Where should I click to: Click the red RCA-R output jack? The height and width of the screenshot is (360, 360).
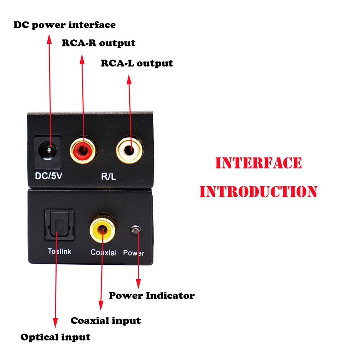[83, 150]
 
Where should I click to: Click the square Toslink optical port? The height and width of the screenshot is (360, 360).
[59, 225]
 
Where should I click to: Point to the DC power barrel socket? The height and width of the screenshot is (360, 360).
[47, 152]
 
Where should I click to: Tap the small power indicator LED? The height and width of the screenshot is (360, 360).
[135, 230]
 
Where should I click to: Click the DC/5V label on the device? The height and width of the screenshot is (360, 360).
[49, 176]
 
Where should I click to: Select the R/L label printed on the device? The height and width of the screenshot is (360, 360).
[108, 176]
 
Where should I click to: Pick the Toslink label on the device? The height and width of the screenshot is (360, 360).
[60, 251]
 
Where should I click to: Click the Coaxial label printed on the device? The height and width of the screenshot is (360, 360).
[104, 252]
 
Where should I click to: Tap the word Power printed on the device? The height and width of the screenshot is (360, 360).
[134, 253]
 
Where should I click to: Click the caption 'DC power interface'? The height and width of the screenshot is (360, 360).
[65, 25]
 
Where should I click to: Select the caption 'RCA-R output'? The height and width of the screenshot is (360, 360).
[98, 43]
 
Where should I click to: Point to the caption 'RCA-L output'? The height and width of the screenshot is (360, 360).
[137, 63]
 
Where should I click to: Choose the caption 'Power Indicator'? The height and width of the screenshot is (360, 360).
[152, 295]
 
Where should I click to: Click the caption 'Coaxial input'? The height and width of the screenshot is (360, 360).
[105, 321]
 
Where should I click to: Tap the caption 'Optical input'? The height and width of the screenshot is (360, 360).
[55, 337]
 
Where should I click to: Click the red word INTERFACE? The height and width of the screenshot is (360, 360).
[258, 163]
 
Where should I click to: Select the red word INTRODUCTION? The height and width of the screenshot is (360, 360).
[258, 192]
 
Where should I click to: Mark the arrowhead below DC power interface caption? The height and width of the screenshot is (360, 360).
[49, 39]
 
